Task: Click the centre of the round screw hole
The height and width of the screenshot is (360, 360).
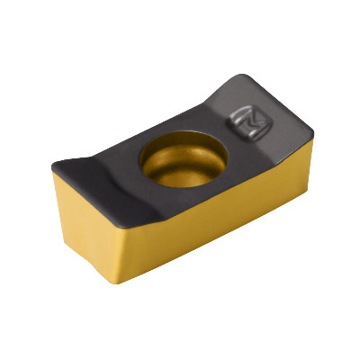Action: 184,158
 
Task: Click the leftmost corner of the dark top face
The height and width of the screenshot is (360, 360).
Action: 53,166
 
